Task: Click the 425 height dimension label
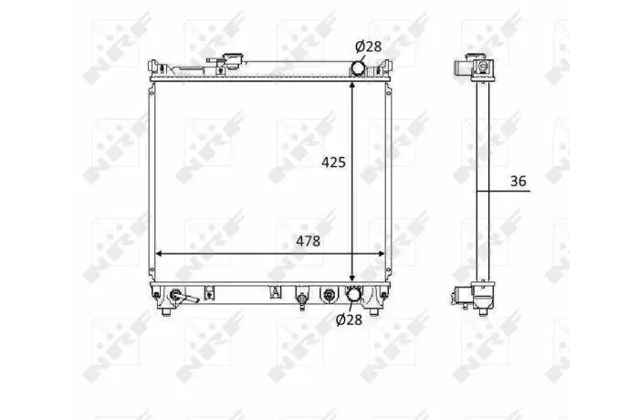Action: click(x=333, y=163)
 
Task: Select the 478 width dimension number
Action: click(x=309, y=241)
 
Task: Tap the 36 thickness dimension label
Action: click(x=518, y=181)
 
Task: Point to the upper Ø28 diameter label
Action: click(x=369, y=47)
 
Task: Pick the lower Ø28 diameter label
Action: click(x=349, y=320)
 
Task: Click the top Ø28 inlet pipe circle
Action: click(x=358, y=68)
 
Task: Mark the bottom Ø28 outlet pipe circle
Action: click(x=354, y=296)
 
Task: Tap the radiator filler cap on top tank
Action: click(x=233, y=60)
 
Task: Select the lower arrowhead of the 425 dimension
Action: click(x=352, y=278)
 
